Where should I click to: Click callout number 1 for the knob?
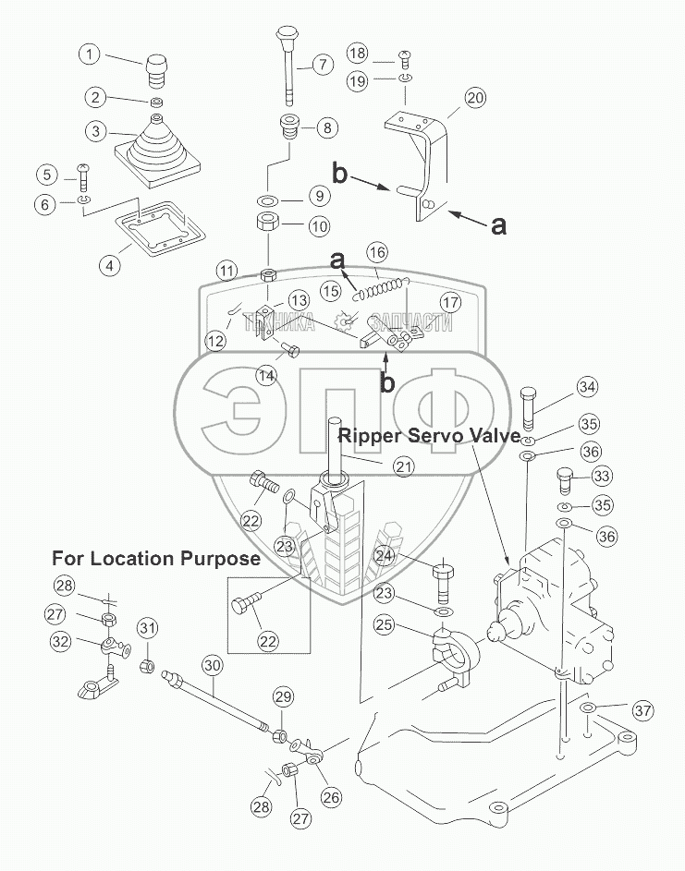click(90, 54)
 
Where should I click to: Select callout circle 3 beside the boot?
click(93, 131)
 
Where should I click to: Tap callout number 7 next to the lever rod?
click(321, 65)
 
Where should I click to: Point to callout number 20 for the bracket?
click(475, 97)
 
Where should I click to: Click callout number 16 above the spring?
click(376, 252)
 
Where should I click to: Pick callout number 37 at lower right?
click(643, 710)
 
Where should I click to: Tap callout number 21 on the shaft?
click(403, 467)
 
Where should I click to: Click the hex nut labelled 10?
click(269, 223)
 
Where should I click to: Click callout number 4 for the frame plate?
click(110, 266)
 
